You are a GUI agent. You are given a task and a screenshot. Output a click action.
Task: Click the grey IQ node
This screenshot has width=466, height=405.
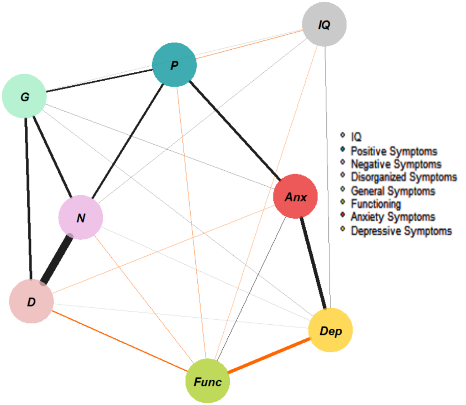[324, 25]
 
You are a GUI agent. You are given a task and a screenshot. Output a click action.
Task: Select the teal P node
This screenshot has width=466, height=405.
[174, 65]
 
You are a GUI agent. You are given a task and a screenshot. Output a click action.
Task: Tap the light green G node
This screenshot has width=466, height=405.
[24, 97]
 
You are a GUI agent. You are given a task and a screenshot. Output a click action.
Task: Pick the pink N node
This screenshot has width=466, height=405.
[80, 218]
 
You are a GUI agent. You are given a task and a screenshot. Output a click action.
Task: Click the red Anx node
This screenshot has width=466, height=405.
[295, 196]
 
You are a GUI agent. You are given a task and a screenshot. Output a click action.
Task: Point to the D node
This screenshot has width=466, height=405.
[31, 302]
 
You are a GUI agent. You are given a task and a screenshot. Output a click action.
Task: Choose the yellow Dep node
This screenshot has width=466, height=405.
[330, 330]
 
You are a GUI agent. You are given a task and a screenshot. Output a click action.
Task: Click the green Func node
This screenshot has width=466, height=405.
[208, 382]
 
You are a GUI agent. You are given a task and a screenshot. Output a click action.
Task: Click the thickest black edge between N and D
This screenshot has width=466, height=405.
[57, 260]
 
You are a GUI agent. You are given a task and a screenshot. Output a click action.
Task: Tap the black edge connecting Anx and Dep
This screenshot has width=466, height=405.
[313, 263]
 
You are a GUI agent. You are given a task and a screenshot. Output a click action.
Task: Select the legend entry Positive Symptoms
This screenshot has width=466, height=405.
[394, 152]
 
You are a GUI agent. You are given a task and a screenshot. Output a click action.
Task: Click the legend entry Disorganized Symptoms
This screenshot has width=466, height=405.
[404, 177]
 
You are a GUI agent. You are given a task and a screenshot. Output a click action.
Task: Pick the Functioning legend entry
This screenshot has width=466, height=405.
[376, 204]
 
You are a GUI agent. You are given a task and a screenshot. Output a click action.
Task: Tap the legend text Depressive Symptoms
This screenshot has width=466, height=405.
[401, 231]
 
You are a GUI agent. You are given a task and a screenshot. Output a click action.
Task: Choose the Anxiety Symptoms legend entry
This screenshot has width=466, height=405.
[393, 217]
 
